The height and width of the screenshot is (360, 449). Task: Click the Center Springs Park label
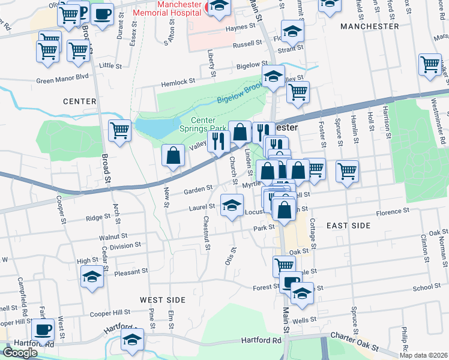coord(203,124)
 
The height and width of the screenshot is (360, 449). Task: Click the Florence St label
coord(392,212)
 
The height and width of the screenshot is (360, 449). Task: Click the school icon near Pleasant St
coord(92,277)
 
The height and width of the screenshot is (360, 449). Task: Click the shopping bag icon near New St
coord(173,155)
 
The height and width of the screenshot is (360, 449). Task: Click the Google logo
coord(20,353)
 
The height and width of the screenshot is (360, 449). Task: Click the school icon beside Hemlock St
coord(273,77)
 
